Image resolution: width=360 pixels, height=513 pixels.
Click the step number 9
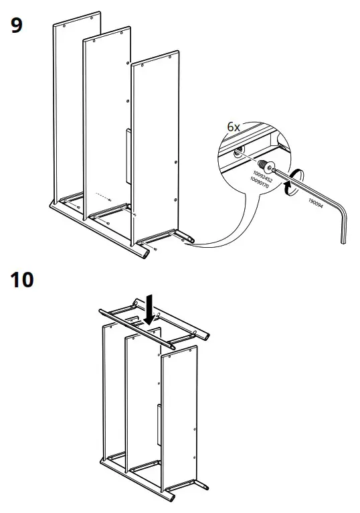point(15,27)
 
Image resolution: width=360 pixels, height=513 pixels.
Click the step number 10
point(22,279)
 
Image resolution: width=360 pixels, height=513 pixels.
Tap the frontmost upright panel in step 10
point(179,415)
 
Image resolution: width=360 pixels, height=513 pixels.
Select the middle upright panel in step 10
point(142,402)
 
